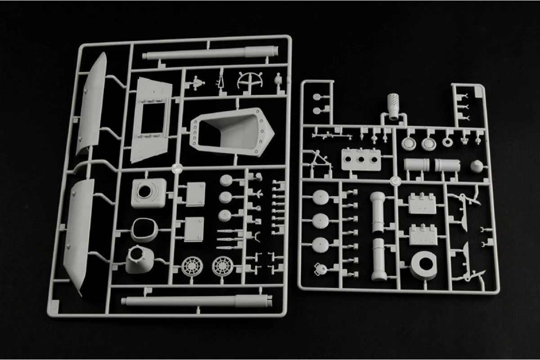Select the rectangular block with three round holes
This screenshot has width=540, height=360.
360,160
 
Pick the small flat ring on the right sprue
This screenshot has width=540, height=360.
448,142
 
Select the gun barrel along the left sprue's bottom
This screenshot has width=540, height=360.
197,301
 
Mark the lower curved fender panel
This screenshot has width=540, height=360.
79,234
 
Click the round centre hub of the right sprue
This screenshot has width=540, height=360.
396,180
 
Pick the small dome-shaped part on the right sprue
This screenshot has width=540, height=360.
477,166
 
